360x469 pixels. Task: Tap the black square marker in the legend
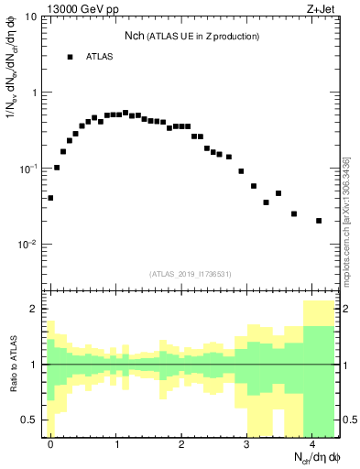(x=70, y=57)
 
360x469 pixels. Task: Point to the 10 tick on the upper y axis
(x=31, y=17)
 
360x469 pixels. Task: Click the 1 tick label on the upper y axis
(x=34, y=93)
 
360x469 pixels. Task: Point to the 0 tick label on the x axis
(x=50, y=444)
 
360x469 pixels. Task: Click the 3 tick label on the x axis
(x=246, y=444)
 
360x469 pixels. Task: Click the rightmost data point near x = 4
(x=318, y=221)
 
